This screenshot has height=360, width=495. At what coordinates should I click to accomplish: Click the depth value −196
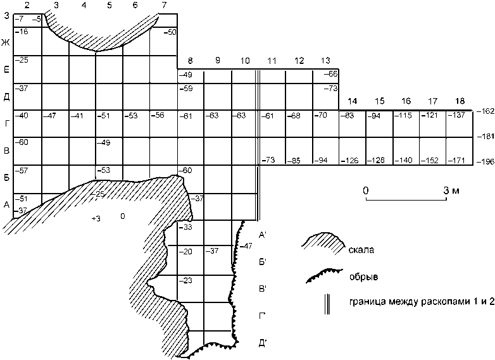click(x=486, y=163)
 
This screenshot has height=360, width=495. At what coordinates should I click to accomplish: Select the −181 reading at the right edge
click(x=486, y=136)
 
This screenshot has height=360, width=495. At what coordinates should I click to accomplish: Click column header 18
click(x=460, y=101)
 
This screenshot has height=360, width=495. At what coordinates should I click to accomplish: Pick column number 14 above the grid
click(x=352, y=101)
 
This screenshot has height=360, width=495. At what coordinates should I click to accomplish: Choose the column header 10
click(x=245, y=61)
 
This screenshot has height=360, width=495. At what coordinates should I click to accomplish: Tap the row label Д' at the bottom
click(x=263, y=343)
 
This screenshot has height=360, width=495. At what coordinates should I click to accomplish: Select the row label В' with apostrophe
click(x=263, y=289)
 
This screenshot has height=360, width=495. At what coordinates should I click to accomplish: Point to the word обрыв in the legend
click(x=360, y=276)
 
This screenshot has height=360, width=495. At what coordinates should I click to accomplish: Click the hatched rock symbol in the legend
click(x=322, y=244)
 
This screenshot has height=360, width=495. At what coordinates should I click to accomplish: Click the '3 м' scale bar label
click(x=449, y=190)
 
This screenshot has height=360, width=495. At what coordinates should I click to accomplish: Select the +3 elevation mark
click(x=96, y=218)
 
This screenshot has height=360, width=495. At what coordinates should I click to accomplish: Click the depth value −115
click(x=403, y=115)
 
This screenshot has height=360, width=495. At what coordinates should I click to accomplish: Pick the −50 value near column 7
click(x=169, y=32)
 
